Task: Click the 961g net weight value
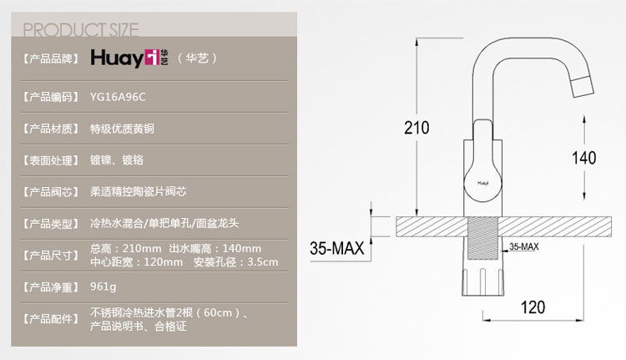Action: pyautogui.click(x=103, y=286)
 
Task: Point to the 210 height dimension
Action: pyautogui.click(x=416, y=128)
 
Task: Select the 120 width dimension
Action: pyautogui.click(x=533, y=307)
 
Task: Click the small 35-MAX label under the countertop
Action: pyautogui.click(x=523, y=246)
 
